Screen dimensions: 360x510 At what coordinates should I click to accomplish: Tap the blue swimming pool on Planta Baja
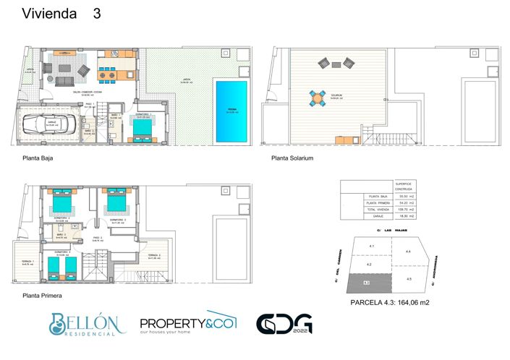(231, 111)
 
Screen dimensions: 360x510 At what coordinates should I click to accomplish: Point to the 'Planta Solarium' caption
(292, 157)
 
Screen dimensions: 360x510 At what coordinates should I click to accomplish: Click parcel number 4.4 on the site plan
(408, 252)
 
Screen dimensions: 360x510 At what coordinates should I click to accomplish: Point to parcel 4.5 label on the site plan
(408, 278)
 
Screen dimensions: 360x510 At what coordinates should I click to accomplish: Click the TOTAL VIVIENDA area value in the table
(406, 210)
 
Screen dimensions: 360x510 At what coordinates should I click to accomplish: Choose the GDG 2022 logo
(284, 324)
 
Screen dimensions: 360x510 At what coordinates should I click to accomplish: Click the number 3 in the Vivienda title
(97, 14)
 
